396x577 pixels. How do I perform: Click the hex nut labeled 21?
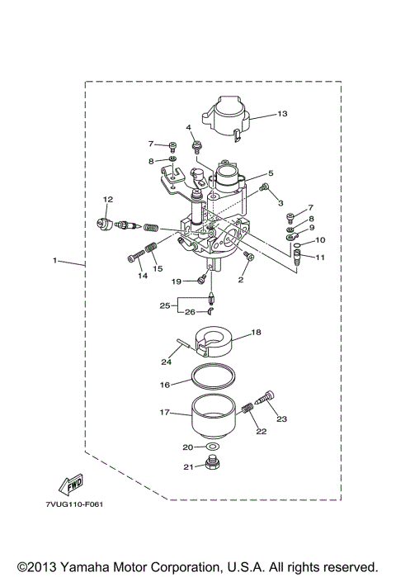[x=213, y=467]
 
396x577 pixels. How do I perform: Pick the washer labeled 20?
[x=213, y=447]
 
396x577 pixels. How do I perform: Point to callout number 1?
[x=54, y=261]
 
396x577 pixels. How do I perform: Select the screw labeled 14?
[x=137, y=258]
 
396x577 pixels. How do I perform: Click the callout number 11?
[x=320, y=258]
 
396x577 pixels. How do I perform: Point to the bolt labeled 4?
[x=197, y=148]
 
